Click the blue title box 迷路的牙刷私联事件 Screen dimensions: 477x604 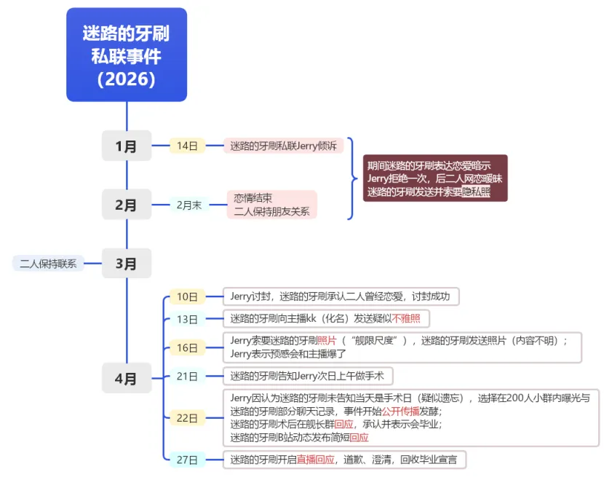[127, 55]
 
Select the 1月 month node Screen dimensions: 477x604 [127, 146]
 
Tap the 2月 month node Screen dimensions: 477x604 [127, 205]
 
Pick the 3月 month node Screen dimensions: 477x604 [127, 263]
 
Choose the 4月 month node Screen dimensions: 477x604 [127, 378]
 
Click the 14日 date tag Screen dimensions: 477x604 [187, 146]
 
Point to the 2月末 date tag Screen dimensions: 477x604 [188, 205]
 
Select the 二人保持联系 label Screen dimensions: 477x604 [48, 264]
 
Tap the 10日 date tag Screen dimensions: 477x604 [187, 296]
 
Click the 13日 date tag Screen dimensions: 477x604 [187, 319]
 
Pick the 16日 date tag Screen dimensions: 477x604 [187, 347]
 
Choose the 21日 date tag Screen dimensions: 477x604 [187, 376]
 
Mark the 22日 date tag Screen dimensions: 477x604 [187, 418]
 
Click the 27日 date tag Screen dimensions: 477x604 [187, 459]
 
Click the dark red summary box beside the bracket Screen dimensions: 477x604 [435, 178]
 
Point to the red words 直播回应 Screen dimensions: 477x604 [315, 460]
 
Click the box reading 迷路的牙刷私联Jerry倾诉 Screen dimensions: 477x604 [283, 146]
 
